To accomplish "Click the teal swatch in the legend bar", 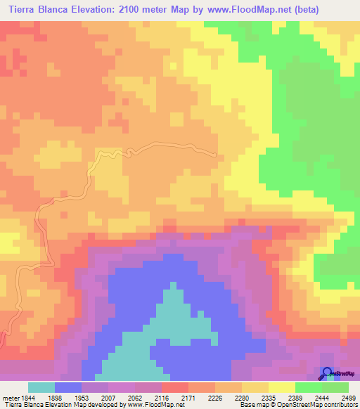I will (x=41, y=387).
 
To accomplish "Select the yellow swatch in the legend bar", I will (x=282, y=387).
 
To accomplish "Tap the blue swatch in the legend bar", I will (x=68, y=387).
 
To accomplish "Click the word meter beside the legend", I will (x=10, y=398).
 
